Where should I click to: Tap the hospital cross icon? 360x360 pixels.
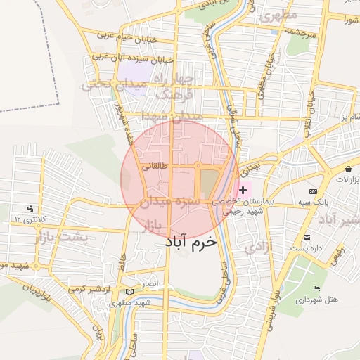tap(243, 190)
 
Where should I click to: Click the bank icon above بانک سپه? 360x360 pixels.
tap(313, 191)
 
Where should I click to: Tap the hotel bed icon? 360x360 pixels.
tap(316, 288)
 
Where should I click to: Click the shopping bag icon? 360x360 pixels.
tap(349, 169)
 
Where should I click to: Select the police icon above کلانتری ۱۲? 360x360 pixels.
tap(30, 209)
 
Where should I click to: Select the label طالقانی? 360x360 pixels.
tap(155, 167)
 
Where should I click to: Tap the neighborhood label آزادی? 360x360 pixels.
tap(260, 246)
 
